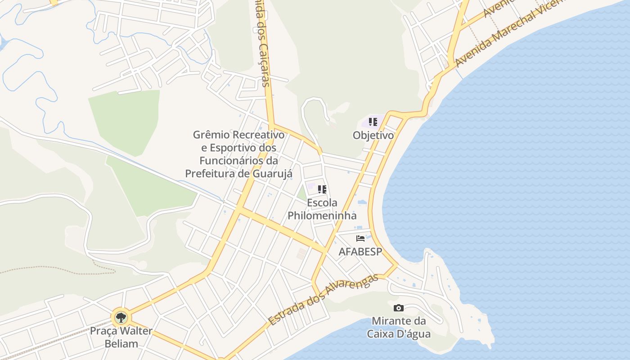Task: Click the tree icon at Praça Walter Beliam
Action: [x=121, y=318]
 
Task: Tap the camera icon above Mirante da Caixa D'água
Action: [x=398, y=308]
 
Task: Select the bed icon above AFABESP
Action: [x=360, y=238]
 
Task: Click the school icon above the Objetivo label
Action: [x=373, y=122]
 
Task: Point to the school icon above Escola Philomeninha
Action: [x=322, y=189]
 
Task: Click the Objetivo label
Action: [x=373, y=135]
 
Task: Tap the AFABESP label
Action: [x=360, y=252]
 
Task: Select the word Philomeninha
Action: [x=322, y=216]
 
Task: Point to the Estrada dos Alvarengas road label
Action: [x=323, y=300]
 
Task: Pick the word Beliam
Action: [x=121, y=344]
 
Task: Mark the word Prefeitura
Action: [x=210, y=173]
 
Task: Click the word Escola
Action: [x=322, y=202]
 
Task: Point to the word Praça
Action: [x=103, y=331]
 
